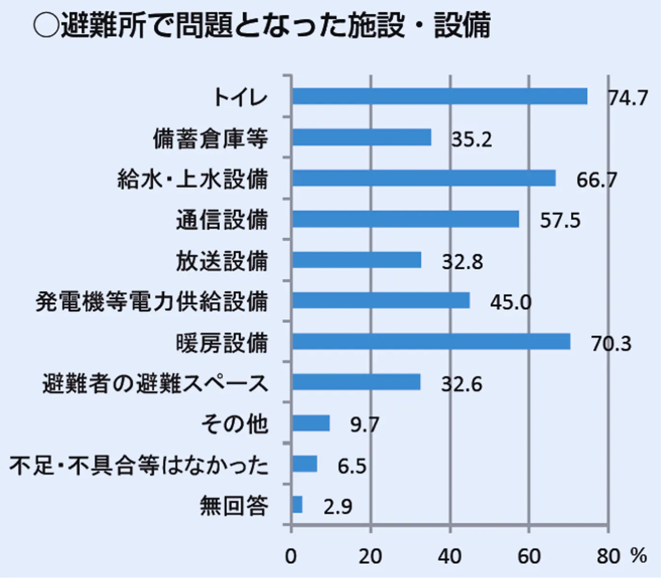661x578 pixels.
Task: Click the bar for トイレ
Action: [x=439, y=96]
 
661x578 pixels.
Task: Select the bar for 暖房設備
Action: [x=431, y=341]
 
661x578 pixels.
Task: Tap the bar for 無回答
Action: [x=297, y=505]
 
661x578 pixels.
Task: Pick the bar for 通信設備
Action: [x=406, y=219]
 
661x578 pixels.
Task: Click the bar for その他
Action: [x=311, y=423]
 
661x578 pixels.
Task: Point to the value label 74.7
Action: [x=628, y=98]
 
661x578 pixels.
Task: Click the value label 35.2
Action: [x=471, y=139]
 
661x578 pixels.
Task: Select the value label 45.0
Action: [x=511, y=302]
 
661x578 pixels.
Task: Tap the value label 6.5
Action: [x=352, y=466]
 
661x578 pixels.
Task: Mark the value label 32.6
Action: [x=462, y=384]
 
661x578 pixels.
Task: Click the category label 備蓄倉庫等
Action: [x=210, y=139]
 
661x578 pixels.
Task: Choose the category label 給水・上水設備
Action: [x=193, y=179]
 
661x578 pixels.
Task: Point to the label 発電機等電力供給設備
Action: [x=152, y=302]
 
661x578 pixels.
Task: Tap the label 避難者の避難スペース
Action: [x=155, y=384]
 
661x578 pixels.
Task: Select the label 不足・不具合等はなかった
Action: [x=139, y=466]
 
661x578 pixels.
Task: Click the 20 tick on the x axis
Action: [x=370, y=557]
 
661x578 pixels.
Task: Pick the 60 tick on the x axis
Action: [x=529, y=557]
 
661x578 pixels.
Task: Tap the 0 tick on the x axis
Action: [x=291, y=557]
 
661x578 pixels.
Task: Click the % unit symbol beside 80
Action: [x=638, y=556]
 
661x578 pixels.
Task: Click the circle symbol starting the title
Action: [x=46, y=25]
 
